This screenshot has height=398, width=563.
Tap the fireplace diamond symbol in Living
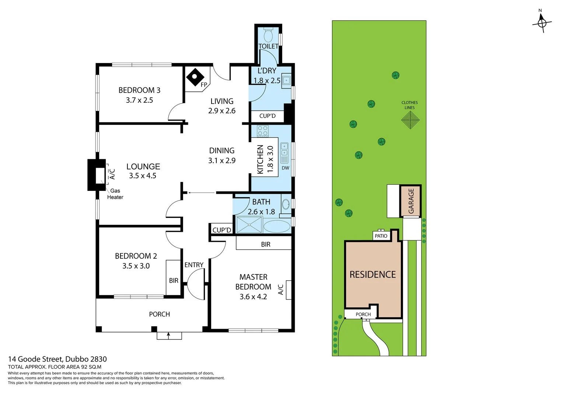[x=195, y=77]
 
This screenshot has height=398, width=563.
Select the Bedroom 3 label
[x=139, y=90]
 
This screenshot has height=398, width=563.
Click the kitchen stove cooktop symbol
[x=263, y=131]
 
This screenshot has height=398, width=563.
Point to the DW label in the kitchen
[x=285, y=168]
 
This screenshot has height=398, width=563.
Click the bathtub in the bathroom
[x=277, y=226]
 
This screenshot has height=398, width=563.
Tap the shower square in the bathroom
[x=249, y=225]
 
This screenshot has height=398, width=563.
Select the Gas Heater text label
[x=115, y=194]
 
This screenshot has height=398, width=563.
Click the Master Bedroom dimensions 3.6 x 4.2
[x=253, y=297]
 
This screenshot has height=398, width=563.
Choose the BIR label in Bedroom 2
[x=174, y=280]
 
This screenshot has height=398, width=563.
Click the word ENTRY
[x=194, y=265]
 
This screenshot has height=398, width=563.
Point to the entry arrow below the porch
[x=169, y=335]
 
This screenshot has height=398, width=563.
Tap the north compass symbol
[x=542, y=23]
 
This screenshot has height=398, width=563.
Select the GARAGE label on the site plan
[x=411, y=201]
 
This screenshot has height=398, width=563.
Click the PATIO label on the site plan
[x=381, y=236]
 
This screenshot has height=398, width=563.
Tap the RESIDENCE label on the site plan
[x=373, y=275]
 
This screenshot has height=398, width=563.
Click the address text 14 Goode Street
[x=57, y=359]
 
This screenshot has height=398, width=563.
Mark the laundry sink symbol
[x=286, y=80]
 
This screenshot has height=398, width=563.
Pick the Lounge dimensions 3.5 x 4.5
[x=143, y=176]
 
